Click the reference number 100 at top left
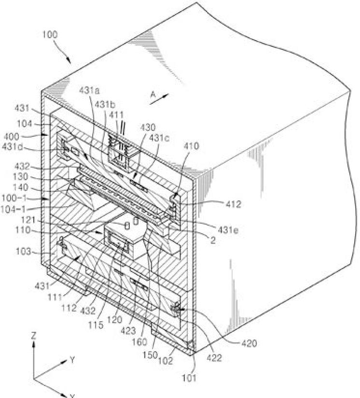[x=50, y=35]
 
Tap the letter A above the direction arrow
[x=153, y=96]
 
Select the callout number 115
[x=99, y=325]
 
